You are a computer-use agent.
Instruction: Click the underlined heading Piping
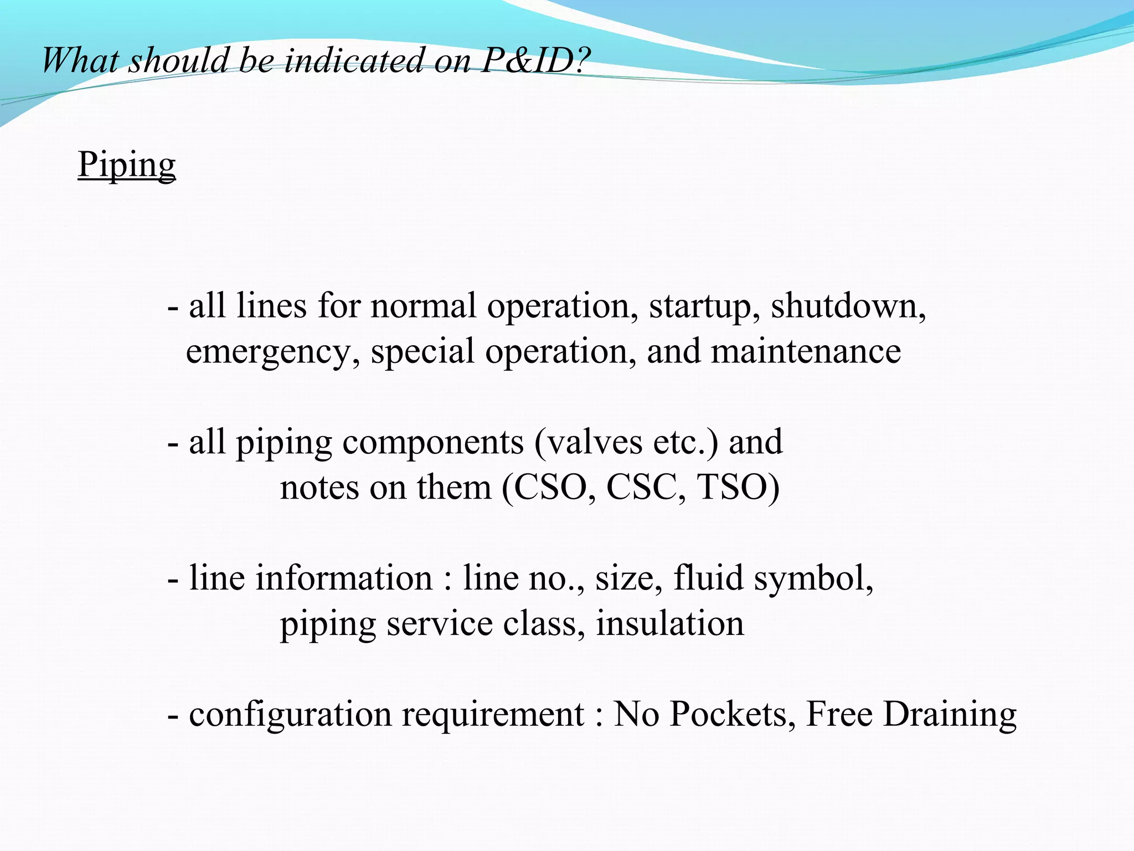[127, 165]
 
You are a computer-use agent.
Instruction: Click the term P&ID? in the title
[535, 60]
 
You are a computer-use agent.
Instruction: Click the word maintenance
[806, 351]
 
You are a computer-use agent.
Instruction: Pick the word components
[433, 442]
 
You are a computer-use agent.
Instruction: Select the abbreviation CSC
[642, 488]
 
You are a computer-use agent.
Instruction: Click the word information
[344, 578]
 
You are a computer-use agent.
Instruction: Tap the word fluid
[708, 578]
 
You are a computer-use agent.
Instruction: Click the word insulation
[670, 623]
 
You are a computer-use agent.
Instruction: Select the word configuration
[290, 715]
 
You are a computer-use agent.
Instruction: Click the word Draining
[950, 715]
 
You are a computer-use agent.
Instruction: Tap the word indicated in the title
[354, 60]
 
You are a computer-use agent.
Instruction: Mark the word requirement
[493, 715]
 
